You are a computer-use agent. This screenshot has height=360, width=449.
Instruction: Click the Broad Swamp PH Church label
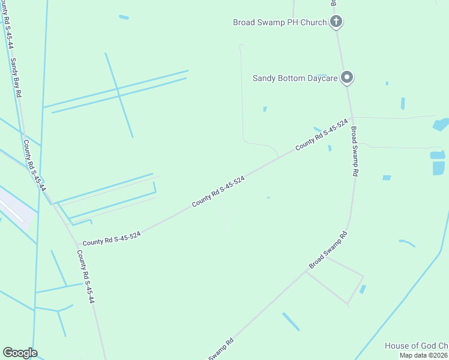pyautogui.click(x=280, y=22)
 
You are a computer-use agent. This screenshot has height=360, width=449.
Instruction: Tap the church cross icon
pyautogui.click(x=336, y=22)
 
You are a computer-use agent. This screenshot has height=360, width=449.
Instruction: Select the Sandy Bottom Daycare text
pyautogui.click(x=295, y=77)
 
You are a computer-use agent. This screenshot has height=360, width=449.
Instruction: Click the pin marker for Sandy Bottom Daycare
pyautogui.click(x=346, y=77)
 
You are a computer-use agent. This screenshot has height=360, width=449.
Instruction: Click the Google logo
pyautogui.click(x=20, y=353)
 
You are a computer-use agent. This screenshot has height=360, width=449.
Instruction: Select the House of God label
pyautogui.click(x=417, y=346)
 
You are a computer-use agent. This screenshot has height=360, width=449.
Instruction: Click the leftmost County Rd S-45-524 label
pyautogui.click(x=112, y=239)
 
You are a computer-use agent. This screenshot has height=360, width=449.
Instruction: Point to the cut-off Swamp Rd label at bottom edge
pyautogui.click(x=220, y=351)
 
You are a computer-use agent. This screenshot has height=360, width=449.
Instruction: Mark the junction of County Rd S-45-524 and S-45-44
pyautogui.click(x=77, y=246)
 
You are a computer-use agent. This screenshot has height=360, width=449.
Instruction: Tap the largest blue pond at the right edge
pyautogui.click(x=441, y=125)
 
